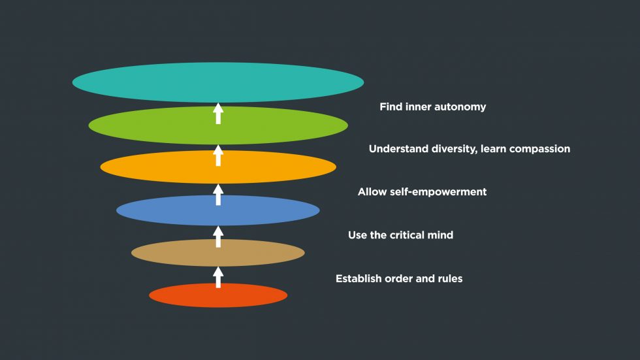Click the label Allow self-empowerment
coord(422,192)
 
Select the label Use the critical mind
coord(400,235)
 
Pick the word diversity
coord(453,149)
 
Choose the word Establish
coord(358,279)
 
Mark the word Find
coord(391,107)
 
